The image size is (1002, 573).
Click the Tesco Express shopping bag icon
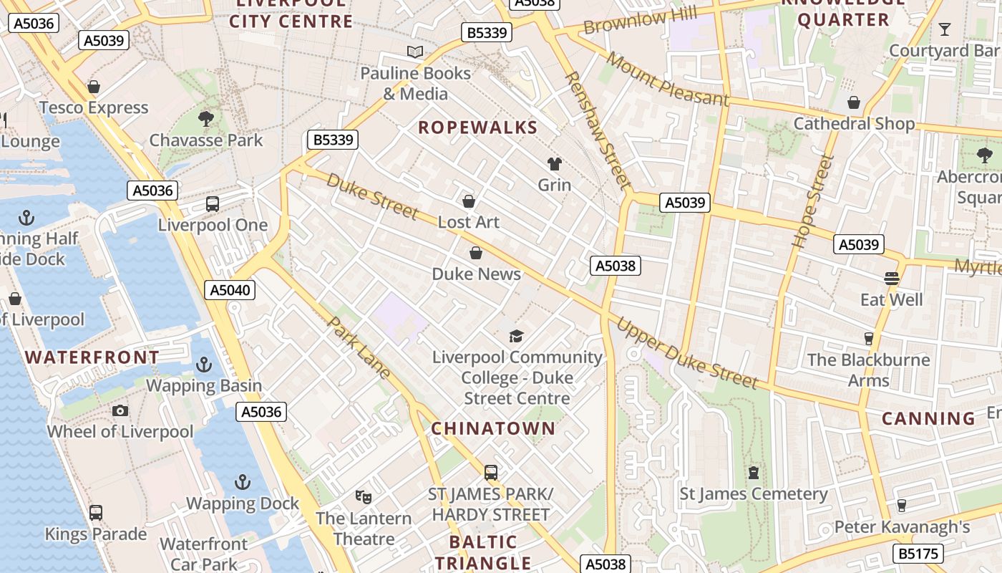(93, 87)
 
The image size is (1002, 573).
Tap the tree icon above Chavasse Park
(206, 118)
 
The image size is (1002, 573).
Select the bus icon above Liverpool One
(213, 204)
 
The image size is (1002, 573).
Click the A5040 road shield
(229, 290)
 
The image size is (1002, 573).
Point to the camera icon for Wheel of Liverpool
(120, 410)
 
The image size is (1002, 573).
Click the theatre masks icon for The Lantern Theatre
(364, 496)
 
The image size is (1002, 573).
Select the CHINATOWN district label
(493, 428)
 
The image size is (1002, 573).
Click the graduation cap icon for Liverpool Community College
(516, 335)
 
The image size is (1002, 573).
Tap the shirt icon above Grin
(554, 164)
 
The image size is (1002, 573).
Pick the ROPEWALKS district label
(477, 127)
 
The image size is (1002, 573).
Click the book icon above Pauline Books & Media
(415, 52)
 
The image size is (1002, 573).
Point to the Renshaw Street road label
(597, 129)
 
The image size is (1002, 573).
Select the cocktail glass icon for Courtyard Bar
(945, 29)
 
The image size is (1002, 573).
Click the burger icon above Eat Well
(891, 278)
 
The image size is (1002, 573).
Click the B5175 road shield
(918, 553)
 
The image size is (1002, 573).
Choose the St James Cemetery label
(753, 493)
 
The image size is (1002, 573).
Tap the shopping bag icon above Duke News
(476, 253)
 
